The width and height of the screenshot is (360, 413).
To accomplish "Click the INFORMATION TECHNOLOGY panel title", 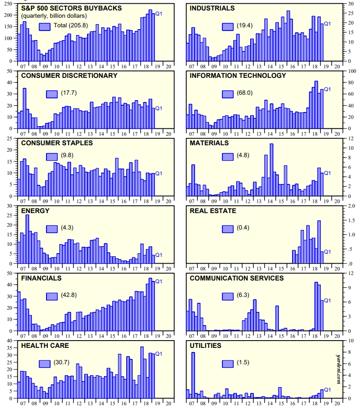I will click(x=238, y=76).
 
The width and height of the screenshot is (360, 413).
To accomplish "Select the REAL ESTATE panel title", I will click(x=213, y=211).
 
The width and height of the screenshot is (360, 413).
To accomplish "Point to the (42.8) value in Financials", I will click(x=69, y=295).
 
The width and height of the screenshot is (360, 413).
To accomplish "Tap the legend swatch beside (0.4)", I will click(x=227, y=228).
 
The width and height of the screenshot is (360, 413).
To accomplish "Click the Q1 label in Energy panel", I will click(x=159, y=255).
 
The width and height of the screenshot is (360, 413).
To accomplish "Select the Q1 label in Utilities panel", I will click(x=327, y=389).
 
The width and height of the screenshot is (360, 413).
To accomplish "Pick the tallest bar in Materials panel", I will click(x=272, y=169).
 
